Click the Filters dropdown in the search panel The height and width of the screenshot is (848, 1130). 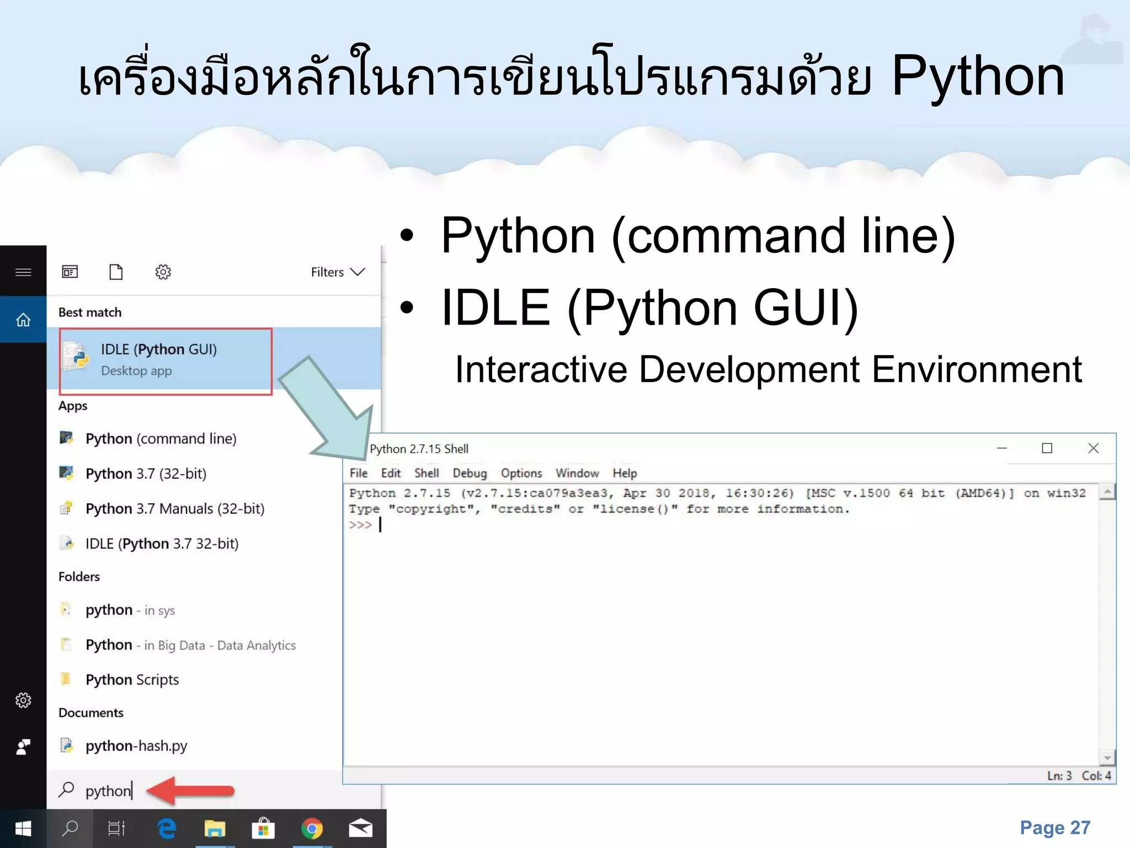[338, 272]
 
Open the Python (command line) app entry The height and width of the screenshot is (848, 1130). [160, 439]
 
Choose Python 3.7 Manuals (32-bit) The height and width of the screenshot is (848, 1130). [174, 508]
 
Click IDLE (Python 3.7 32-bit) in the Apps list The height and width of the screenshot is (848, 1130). [161, 544]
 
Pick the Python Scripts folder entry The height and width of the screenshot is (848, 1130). [132, 680]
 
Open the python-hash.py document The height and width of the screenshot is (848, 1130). [136, 746]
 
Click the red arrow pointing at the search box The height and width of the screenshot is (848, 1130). [191, 790]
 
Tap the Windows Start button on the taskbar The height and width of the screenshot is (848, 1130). [23, 829]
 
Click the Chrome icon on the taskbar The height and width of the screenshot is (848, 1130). [312, 829]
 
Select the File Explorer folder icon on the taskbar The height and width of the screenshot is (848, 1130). [215, 829]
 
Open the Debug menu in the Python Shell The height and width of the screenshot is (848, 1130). [470, 473]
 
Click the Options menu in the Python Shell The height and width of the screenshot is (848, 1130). [521, 473]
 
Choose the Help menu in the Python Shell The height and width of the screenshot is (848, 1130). [625, 473]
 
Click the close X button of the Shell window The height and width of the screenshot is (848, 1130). [1093, 448]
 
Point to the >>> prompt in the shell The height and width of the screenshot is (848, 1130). [360, 524]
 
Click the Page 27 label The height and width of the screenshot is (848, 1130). [1055, 828]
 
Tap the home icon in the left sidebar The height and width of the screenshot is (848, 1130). [23, 320]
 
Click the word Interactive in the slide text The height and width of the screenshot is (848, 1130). [541, 369]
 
